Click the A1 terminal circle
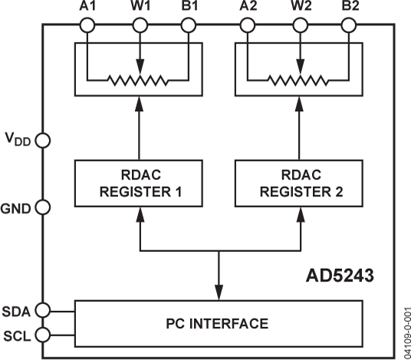click(87, 26)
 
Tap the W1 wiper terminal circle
click(139, 26)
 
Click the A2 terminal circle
click(248, 26)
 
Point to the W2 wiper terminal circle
click(299, 26)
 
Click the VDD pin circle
click(43, 141)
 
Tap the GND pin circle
click(43, 207)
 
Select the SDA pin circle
click(43, 310)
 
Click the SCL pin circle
click(43, 335)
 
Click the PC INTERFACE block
click(219, 322)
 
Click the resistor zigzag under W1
click(139, 80)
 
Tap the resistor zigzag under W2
click(299, 80)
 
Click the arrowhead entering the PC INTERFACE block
click(219, 293)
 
